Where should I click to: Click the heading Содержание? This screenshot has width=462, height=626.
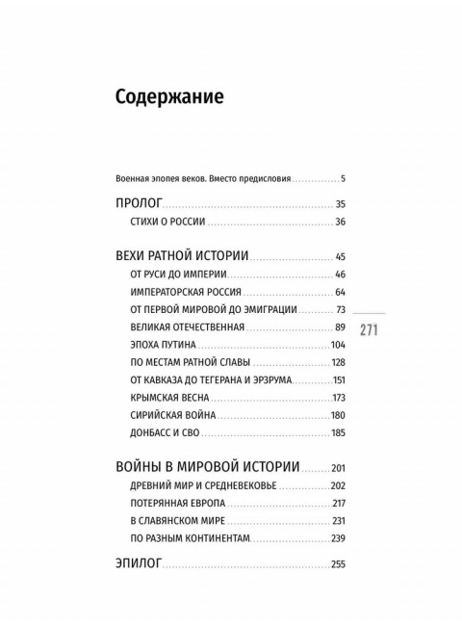coord(168,97)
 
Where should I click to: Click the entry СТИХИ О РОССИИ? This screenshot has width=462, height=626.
coord(166,222)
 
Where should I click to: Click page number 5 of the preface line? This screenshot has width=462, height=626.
coord(342,178)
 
